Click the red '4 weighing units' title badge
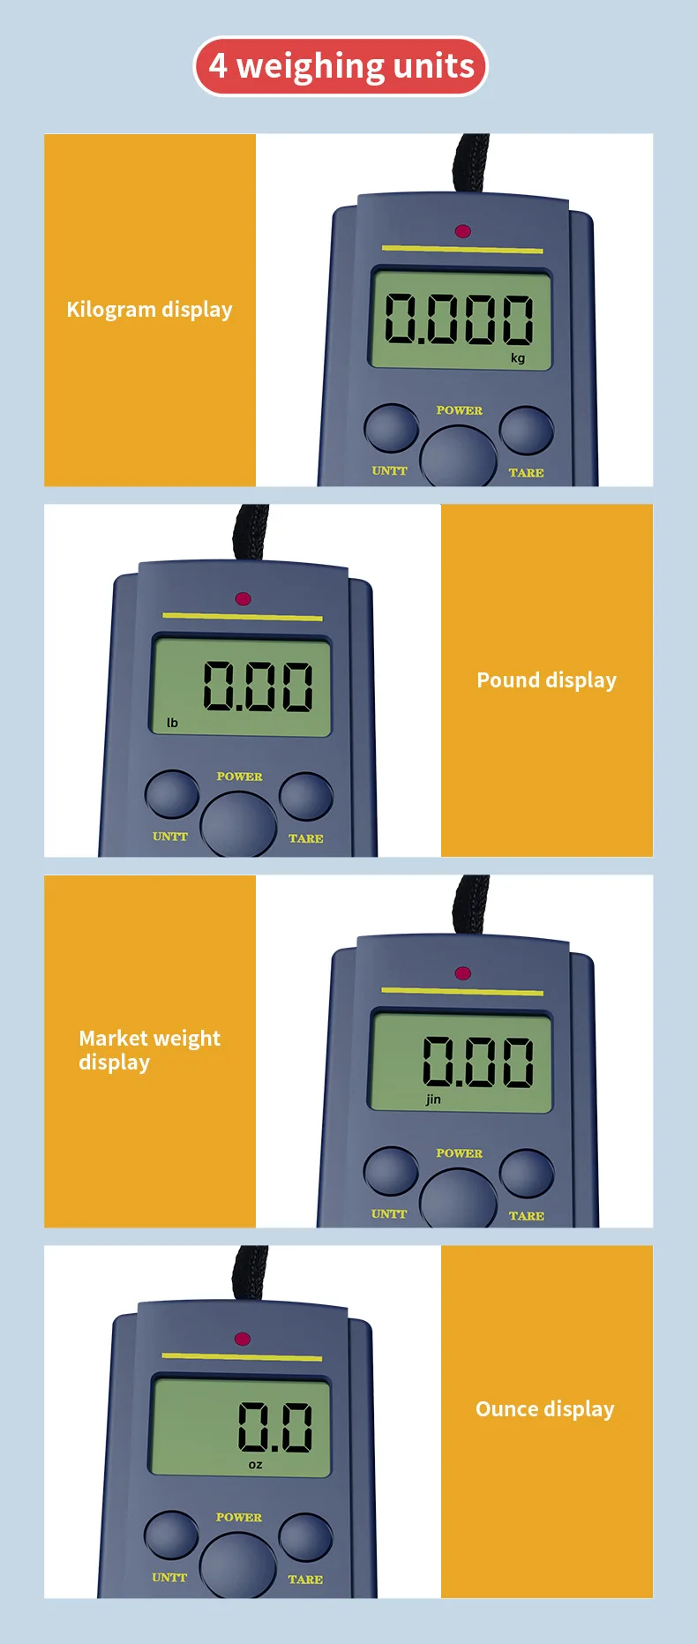tap(341, 66)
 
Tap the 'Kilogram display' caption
tap(150, 310)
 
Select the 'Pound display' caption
tap(546, 680)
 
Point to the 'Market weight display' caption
tap(149, 1050)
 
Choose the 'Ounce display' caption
tap(545, 1409)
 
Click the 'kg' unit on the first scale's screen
tap(518, 357)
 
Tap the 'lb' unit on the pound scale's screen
tap(172, 723)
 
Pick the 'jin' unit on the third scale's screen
tap(433, 1100)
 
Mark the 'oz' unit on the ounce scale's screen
tap(255, 1465)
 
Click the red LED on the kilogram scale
tap(462, 231)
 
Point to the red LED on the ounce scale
tap(243, 1339)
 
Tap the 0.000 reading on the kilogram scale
tap(459, 319)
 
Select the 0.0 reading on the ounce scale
tap(275, 1427)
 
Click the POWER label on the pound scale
tap(239, 777)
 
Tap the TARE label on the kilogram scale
tap(526, 473)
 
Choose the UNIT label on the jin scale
tap(389, 1214)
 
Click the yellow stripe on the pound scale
tap(243, 617)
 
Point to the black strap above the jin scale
tap(470, 905)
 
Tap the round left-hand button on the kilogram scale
tap(391, 428)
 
